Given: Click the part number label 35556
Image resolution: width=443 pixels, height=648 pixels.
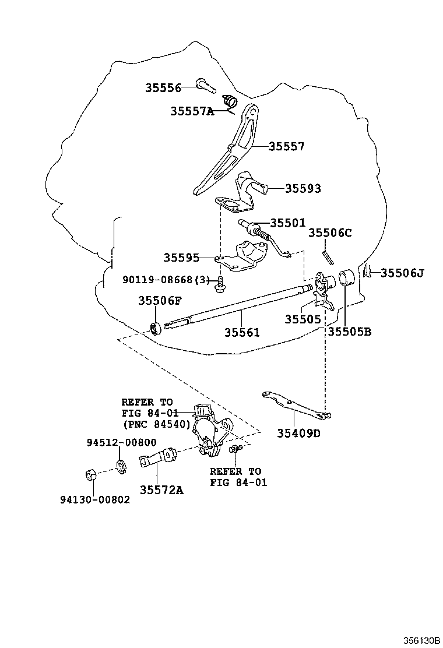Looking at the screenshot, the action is coord(163,87).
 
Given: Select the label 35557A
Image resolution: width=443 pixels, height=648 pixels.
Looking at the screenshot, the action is coord(192,111).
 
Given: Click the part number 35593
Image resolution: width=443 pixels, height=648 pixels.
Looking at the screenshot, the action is coord(303,188).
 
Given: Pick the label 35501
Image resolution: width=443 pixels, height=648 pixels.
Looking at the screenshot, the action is coord(288,223).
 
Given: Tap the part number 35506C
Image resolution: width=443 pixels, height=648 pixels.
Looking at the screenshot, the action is coord(330,233).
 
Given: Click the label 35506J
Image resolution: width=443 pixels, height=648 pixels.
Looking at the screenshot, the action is coord(402,273).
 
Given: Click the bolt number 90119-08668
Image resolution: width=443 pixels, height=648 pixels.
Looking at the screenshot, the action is coord(157,280).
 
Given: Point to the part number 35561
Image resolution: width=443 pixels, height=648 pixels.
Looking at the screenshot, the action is coord(242,332).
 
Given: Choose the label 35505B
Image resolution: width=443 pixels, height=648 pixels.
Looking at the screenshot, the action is coord(350,332).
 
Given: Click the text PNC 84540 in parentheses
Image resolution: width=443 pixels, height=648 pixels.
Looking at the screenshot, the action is coord(157,424).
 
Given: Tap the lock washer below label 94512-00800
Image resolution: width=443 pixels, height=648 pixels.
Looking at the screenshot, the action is coord(120,467).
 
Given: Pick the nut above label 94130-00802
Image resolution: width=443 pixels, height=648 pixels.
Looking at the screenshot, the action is coord(92,475).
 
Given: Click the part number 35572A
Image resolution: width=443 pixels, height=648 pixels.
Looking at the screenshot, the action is coord(161,489).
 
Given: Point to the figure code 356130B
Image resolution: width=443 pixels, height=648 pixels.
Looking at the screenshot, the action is coord(423,640).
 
